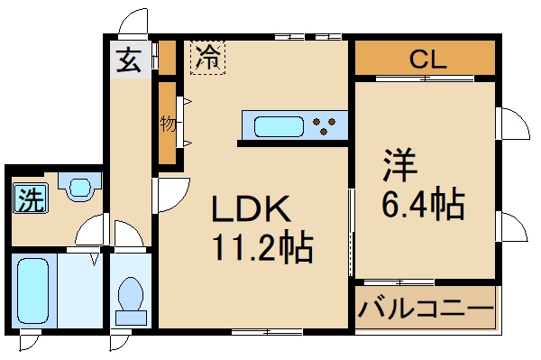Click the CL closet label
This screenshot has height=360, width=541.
coord(429,60)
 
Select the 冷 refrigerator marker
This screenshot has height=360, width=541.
coord(207,59)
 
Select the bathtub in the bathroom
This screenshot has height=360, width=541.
coord(34,291)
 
